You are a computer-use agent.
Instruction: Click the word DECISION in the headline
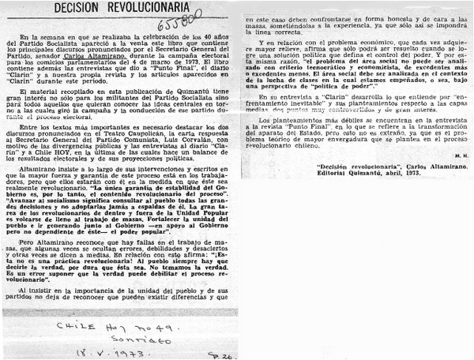(77, 8)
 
